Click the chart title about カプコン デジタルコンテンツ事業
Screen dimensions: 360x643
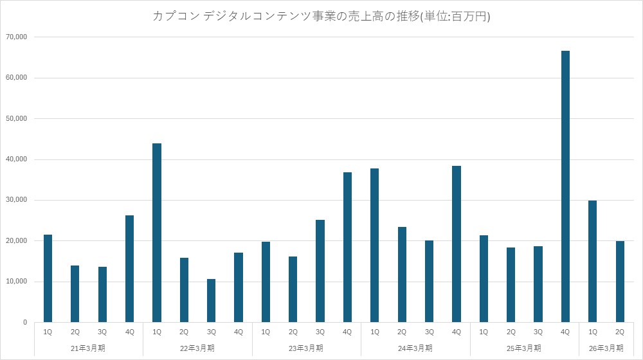pyautogui.click(x=321, y=17)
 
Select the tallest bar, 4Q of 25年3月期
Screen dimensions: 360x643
pyautogui.click(x=565, y=186)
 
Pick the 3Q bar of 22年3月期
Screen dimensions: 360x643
pyautogui.click(x=211, y=300)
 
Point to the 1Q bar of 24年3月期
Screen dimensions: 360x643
pyautogui.click(x=375, y=245)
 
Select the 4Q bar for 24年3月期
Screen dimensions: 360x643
pyautogui.click(x=457, y=244)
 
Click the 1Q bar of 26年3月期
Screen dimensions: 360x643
pyautogui.click(x=592, y=261)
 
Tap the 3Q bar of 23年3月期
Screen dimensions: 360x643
pyautogui.click(x=320, y=271)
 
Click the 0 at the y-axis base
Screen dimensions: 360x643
pyautogui.click(x=24, y=322)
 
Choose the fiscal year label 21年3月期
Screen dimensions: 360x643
pyautogui.click(x=88, y=348)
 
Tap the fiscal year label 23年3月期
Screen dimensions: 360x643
pyautogui.click(x=306, y=348)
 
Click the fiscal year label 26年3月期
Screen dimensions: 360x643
pyautogui.click(x=606, y=348)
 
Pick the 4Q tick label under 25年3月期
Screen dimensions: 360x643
pyautogui.click(x=565, y=332)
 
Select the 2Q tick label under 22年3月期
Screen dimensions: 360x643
pyautogui.click(x=184, y=332)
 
